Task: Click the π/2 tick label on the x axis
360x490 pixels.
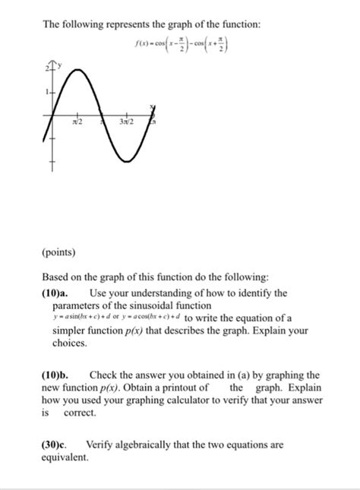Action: tap(77, 122)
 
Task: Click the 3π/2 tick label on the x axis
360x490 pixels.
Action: tap(125, 122)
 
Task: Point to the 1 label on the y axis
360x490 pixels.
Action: tap(46, 92)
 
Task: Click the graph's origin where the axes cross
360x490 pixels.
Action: tap(53, 115)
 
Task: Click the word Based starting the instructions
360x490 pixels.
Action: tap(55, 278)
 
